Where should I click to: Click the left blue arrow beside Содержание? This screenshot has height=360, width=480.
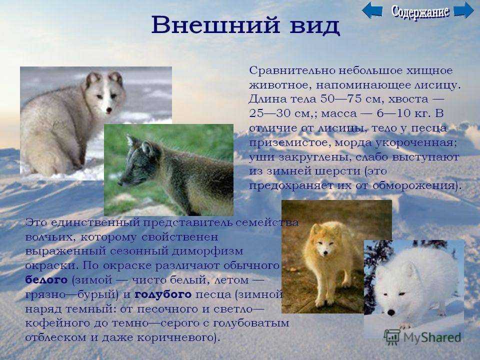tap(372, 10)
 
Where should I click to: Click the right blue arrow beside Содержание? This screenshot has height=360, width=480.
tap(463, 10)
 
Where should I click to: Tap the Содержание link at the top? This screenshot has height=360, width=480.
tap(420, 11)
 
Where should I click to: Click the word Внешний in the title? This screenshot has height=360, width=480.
tap(216, 24)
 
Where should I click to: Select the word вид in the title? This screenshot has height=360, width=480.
tap(314, 26)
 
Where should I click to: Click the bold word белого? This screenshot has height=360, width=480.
tap(46, 280)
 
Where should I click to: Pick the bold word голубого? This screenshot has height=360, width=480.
tap(163, 294)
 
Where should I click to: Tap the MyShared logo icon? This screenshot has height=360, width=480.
tap(392, 337)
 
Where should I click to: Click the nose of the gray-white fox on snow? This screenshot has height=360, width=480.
tap(109, 109)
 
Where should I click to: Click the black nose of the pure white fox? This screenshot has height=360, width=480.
tap(391, 312)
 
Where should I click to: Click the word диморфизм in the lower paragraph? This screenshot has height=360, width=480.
tap(207, 251)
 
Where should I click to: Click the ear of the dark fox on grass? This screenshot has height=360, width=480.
tap(147, 148)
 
